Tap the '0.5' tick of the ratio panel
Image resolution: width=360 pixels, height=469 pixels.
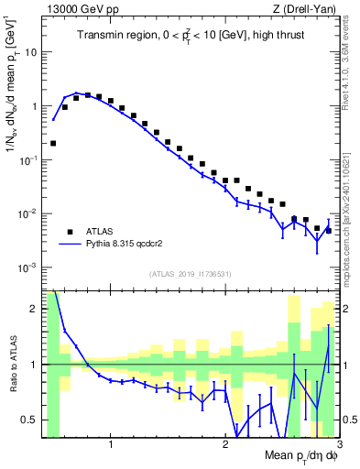click(x=28, y=420)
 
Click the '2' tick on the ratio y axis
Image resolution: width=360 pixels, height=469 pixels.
click(x=34, y=309)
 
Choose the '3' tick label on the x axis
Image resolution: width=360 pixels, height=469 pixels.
click(x=338, y=446)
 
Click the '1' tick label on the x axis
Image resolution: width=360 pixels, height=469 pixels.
click(x=111, y=446)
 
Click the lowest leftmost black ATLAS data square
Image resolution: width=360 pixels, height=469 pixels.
click(x=53, y=143)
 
